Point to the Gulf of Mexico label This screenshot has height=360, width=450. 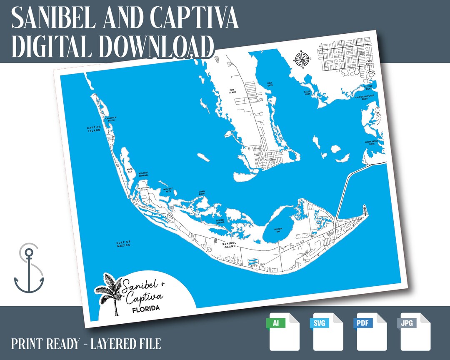pyautogui.click(x=123, y=243)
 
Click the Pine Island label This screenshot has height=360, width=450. pyautogui.click(x=232, y=91)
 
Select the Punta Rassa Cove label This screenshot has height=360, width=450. pyautogui.click(x=372, y=143)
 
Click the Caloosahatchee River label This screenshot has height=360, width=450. pyautogui.click(x=364, y=98)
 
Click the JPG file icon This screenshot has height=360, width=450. pyautogui.click(x=415, y=331)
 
